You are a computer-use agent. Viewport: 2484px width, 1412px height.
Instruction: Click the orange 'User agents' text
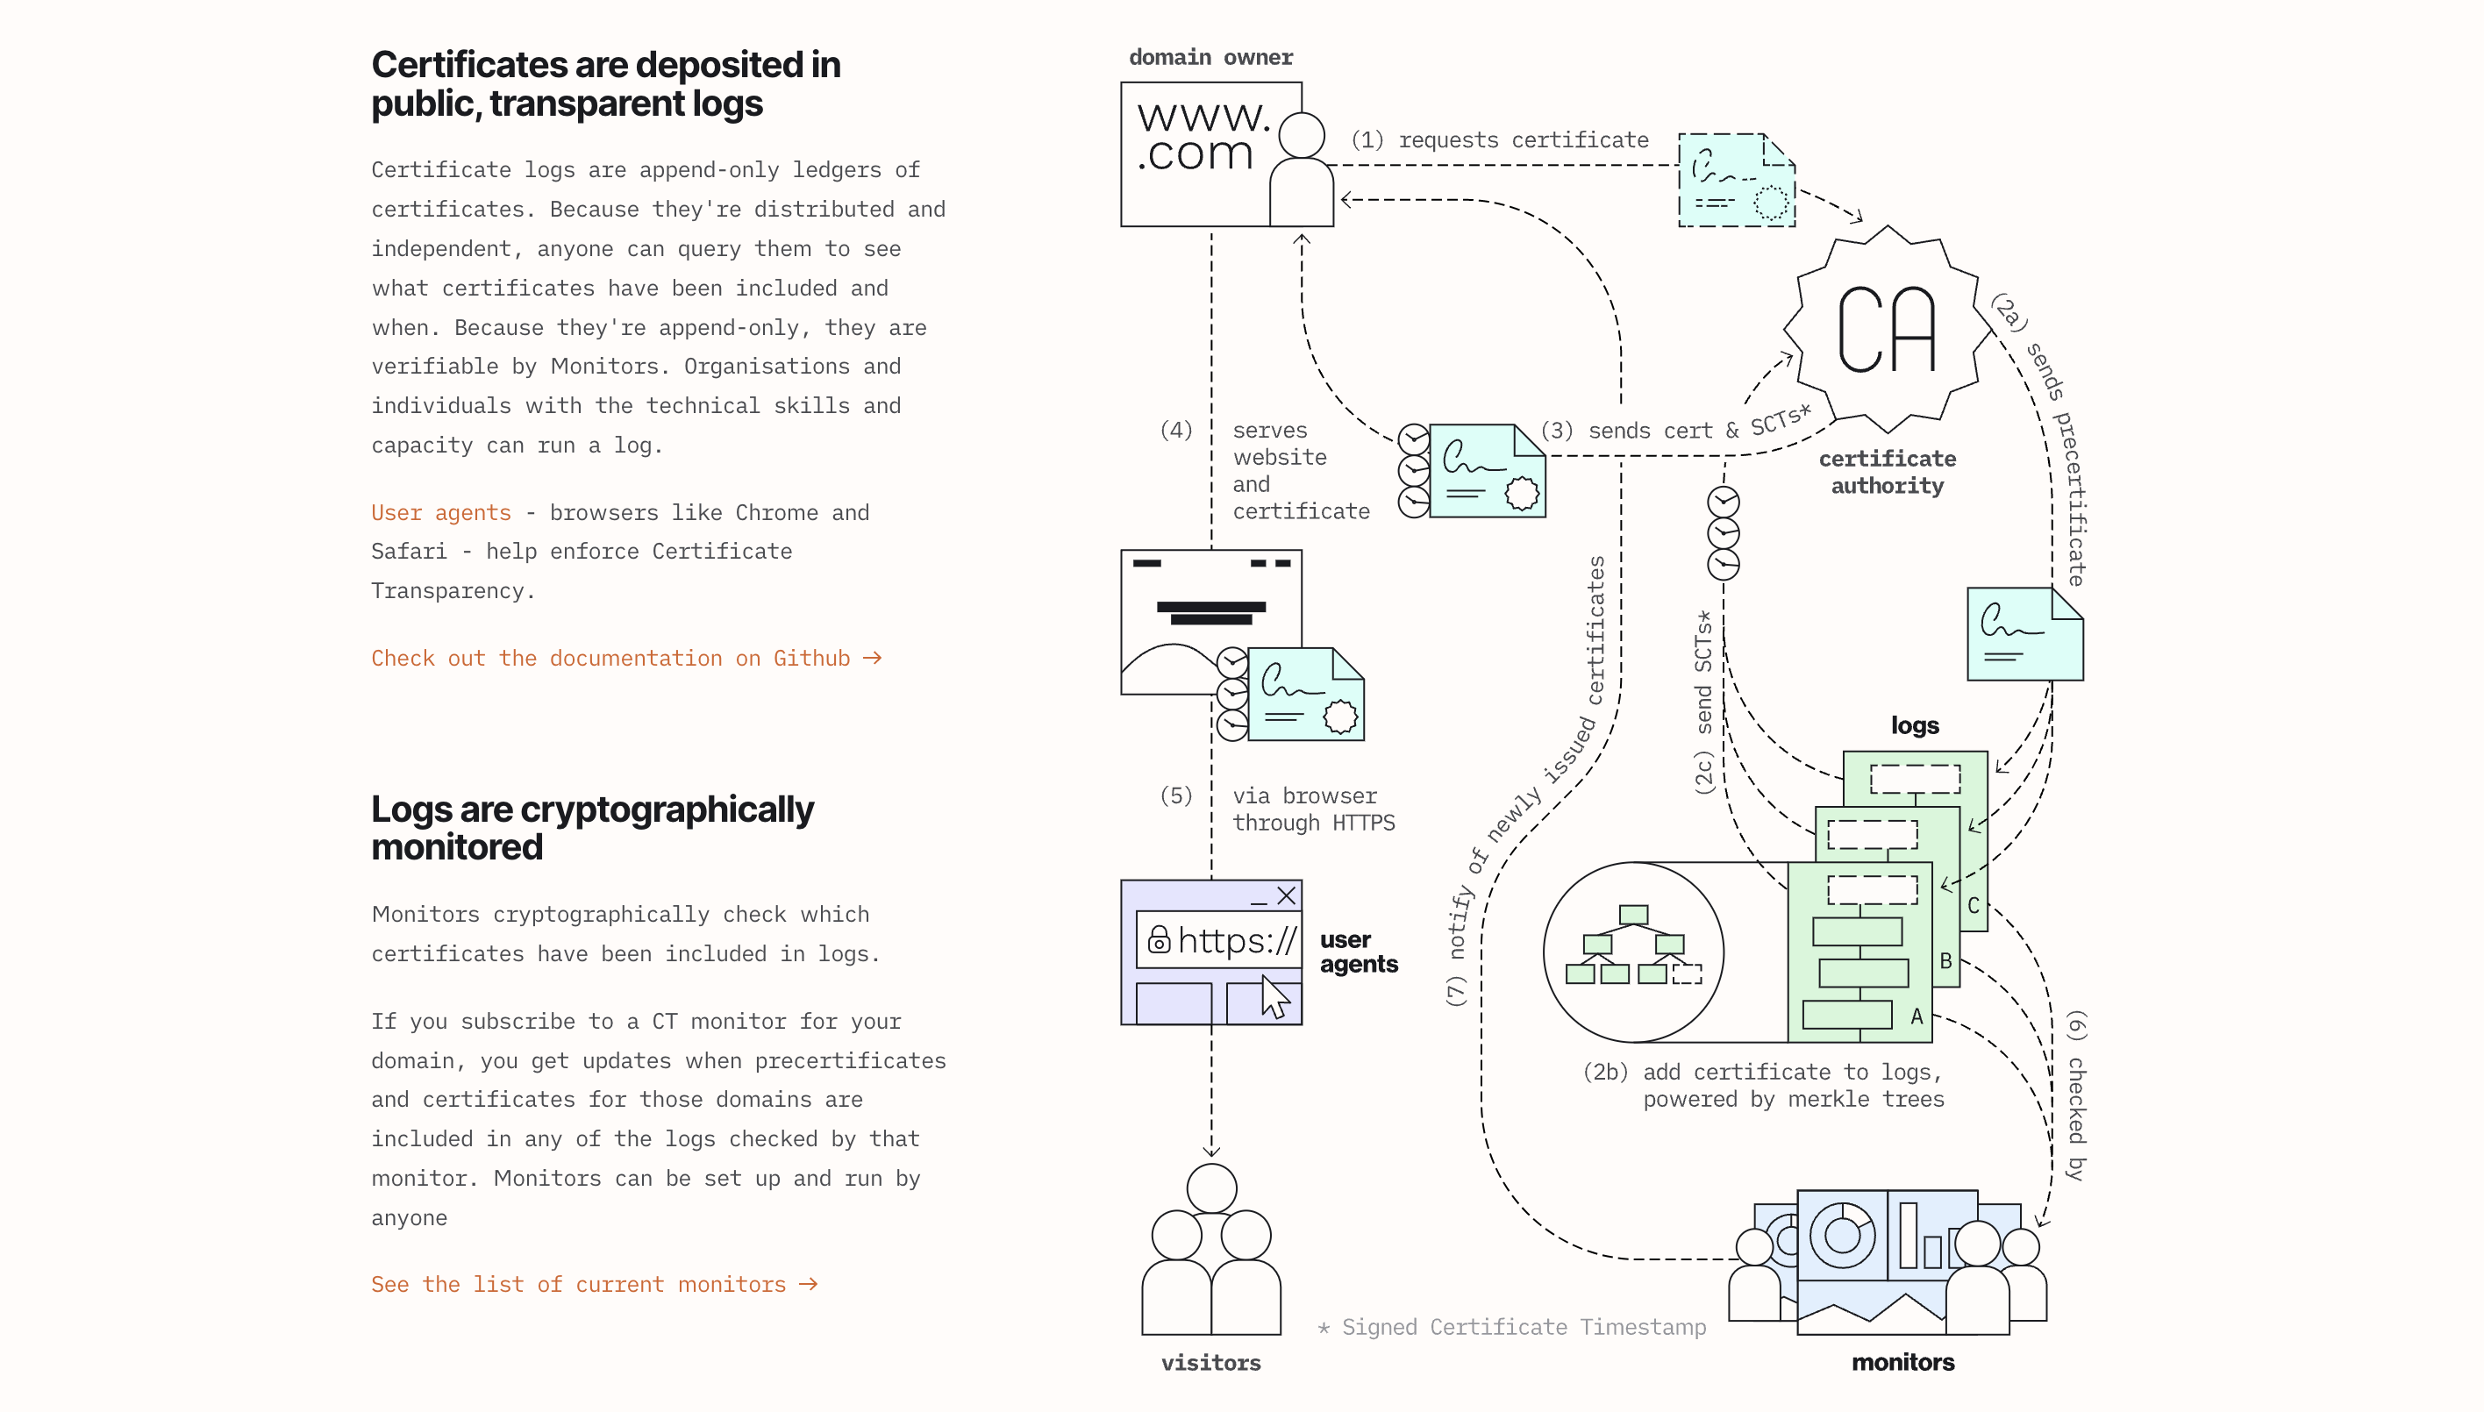[x=440, y=513]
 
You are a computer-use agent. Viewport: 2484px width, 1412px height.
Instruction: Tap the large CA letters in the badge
[x=1887, y=331]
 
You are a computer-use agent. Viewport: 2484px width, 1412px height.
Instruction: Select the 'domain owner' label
[x=1210, y=57]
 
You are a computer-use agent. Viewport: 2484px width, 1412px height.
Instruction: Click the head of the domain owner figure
[x=1301, y=135]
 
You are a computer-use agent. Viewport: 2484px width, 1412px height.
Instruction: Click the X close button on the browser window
[x=1286, y=896]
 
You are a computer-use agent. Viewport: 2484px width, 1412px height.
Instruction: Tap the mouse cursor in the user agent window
[x=1274, y=998]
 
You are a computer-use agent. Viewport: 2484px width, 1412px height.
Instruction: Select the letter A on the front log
[x=1917, y=1016]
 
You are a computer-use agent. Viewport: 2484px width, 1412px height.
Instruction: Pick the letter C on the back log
[x=1973, y=906]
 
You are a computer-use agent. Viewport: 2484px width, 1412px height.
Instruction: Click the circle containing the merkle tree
[x=1633, y=952]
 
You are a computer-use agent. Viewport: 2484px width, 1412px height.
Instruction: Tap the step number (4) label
[x=1175, y=430]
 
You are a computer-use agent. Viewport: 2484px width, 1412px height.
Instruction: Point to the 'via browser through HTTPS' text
[x=1312, y=809]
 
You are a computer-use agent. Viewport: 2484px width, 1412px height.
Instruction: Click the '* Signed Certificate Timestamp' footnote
[x=1511, y=1328]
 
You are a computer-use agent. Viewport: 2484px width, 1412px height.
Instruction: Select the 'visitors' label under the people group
[x=1210, y=1363]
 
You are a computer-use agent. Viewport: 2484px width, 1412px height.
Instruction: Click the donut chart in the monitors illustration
[x=1841, y=1235]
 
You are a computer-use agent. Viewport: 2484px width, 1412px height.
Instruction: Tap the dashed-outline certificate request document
[x=1736, y=182]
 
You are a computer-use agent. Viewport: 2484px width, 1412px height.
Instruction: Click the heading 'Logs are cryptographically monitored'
[x=592, y=828]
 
